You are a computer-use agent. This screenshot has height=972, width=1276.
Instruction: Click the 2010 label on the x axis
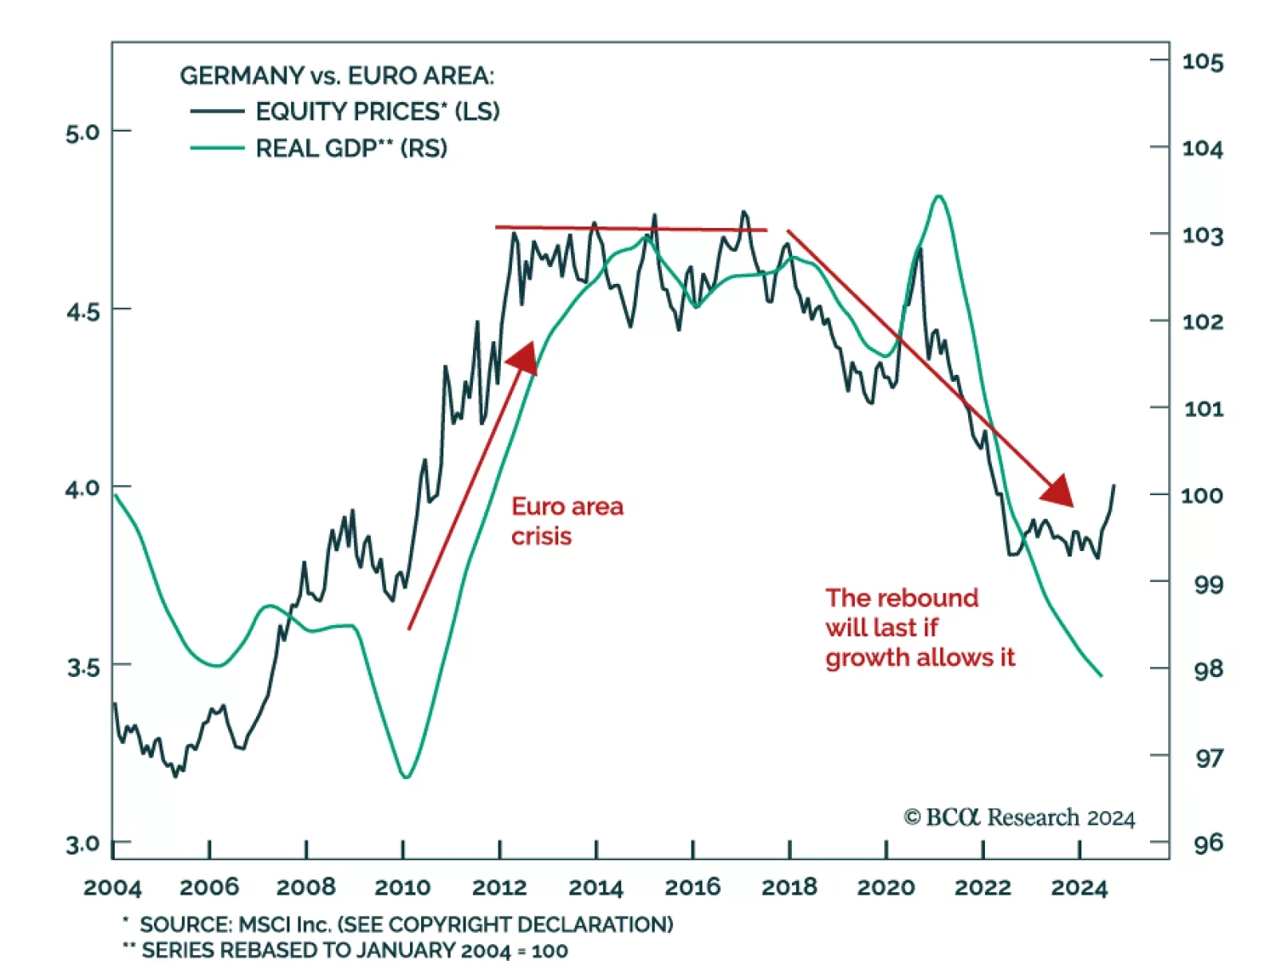pos(403,887)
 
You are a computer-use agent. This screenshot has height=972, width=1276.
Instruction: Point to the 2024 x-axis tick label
pos(1079,887)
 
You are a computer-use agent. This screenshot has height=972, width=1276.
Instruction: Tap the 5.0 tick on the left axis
pos(83,132)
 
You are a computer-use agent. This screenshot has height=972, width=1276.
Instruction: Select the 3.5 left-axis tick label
pos(83,667)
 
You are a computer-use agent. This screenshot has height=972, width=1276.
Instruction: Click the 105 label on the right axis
pos(1202,62)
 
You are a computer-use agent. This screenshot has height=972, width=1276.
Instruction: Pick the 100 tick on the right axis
pos(1202,496)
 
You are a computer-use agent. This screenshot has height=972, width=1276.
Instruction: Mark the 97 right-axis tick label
pos(1208,757)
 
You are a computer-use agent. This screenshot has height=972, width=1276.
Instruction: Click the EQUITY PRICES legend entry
pos(377,112)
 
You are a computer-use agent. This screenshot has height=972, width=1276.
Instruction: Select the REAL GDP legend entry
pos(351,148)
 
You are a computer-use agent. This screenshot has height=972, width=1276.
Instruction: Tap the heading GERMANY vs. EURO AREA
pos(337,76)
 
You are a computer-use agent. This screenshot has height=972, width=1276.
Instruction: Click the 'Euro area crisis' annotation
pos(567,521)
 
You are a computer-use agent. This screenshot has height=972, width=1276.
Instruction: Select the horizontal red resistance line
pos(630,229)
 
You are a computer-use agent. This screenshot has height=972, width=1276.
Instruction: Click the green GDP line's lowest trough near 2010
pos(406,777)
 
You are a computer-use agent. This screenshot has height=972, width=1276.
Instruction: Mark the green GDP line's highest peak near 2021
pos(939,196)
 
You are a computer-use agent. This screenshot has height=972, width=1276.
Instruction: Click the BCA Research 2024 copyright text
pos(1018,817)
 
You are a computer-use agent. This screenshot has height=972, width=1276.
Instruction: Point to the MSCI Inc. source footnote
pos(406,924)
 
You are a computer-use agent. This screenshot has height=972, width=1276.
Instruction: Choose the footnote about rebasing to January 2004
pos(354,950)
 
